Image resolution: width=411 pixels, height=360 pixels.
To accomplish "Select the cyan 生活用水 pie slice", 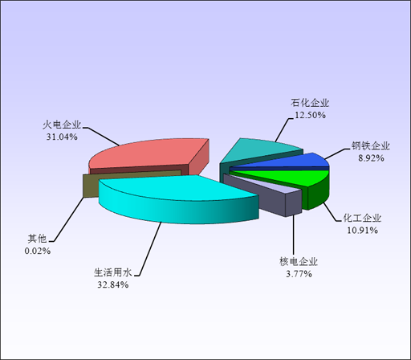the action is [177, 198].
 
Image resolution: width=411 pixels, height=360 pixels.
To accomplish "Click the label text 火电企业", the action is [62, 125].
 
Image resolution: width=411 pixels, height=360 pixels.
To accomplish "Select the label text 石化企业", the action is [310, 103].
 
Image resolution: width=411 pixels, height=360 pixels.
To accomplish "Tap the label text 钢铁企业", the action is [371, 146].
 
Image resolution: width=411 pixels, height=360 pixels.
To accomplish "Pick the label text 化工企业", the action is [362, 218].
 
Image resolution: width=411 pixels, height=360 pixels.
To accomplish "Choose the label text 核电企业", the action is [299, 261].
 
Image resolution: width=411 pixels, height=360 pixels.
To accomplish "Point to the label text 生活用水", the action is [113, 272].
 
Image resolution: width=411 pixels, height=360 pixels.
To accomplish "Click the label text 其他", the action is [38, 239].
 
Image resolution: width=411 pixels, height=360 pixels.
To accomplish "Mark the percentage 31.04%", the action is [62, 137].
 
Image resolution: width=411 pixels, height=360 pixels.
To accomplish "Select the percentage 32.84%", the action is [113, 284].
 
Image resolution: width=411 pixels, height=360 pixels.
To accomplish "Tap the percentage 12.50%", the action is [310, 115].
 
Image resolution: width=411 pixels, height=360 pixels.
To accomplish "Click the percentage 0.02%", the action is [38, 251].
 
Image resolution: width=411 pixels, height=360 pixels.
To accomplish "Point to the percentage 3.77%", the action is [299, 274].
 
